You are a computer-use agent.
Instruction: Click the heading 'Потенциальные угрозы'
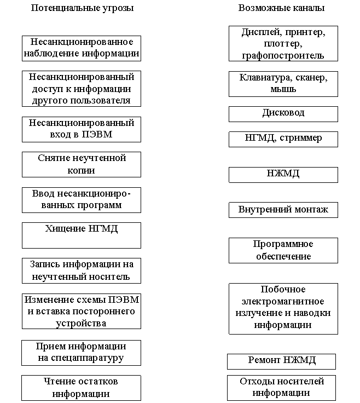pos(82,8)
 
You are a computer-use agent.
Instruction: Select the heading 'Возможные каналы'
pos(282,8)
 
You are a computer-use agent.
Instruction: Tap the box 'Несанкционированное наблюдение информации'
pos(82,48)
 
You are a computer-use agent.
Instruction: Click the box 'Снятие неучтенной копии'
pos(82,164)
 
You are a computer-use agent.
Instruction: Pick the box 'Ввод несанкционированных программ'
pos(82,200)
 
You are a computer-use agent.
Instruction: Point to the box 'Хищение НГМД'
pos(82,235)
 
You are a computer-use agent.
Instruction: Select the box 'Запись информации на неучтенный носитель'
pos(82,270)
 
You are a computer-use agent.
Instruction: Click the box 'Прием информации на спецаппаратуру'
pos(81,353)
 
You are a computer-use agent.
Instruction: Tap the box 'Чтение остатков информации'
pos(81,388)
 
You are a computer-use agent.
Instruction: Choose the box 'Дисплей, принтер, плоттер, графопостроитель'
pos(283,43)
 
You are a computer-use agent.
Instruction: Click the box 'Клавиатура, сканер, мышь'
pos(283,83)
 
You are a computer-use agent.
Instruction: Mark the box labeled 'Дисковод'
pos(283,113)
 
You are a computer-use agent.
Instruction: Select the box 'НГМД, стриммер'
pos(283,139)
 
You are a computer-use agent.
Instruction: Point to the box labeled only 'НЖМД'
pos(283,174)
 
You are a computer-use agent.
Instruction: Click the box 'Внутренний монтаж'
pos(283,210)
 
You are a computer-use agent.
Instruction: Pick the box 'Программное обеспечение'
pos(283,250)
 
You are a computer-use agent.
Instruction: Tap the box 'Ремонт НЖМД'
pos(281,361)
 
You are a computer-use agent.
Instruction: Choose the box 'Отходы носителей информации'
pos(281,388)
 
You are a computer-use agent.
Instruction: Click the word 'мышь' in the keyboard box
pos(283,89)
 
